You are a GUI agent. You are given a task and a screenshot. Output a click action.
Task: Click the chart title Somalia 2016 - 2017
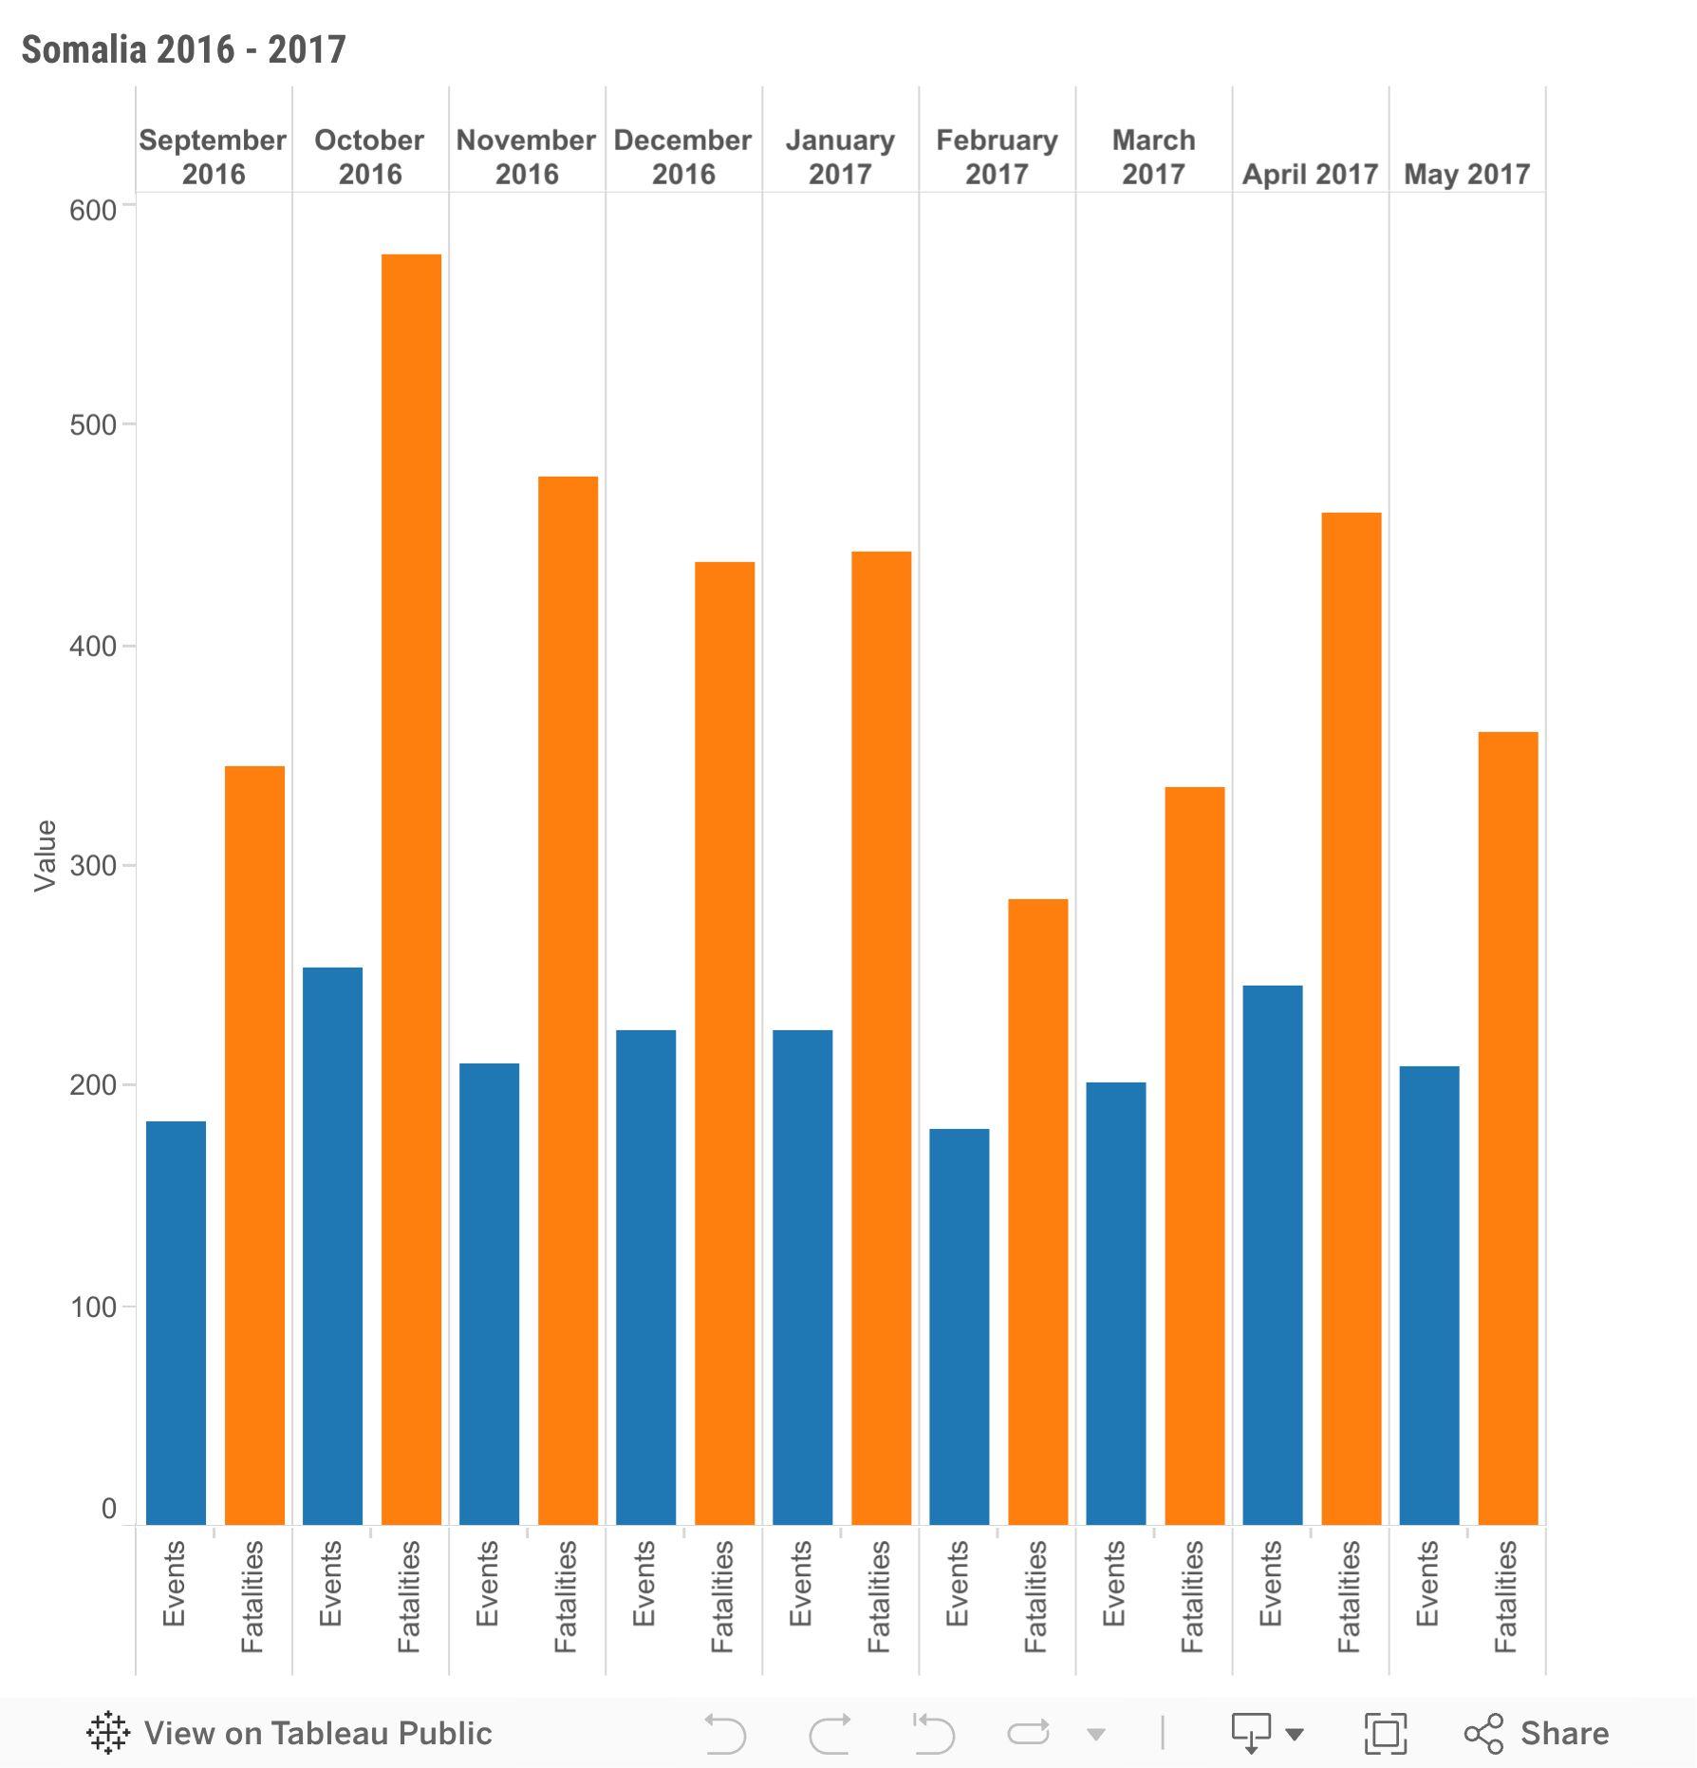click(183, 49)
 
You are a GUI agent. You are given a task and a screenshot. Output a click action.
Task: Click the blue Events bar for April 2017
click(1272, 1254)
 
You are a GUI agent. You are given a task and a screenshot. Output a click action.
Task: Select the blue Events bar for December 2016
click(645, 1276)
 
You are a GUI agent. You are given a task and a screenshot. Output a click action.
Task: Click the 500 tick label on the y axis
click(92, 424)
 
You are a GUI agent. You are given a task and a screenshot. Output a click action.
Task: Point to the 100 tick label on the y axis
click(92, 1307)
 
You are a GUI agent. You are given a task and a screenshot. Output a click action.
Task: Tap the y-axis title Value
click(45, 856)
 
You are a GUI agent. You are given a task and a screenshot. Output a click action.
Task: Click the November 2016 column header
click(527, 157)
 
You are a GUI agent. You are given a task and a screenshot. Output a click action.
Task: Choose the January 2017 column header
click(840, 157)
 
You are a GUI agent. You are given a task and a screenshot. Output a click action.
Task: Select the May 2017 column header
click(1466, 174)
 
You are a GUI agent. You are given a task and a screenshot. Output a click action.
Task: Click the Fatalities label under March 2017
click(1192, 1596)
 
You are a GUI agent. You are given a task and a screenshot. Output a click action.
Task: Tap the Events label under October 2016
click(330, 1583)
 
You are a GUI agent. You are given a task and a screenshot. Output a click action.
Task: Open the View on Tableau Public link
click(289, 1733)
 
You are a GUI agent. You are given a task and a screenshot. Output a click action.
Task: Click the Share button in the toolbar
click(1537, 1733)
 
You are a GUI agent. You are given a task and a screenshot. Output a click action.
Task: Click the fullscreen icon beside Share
click(1385, 1733)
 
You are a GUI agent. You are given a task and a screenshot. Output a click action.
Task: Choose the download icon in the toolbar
click(1251, 1733)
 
